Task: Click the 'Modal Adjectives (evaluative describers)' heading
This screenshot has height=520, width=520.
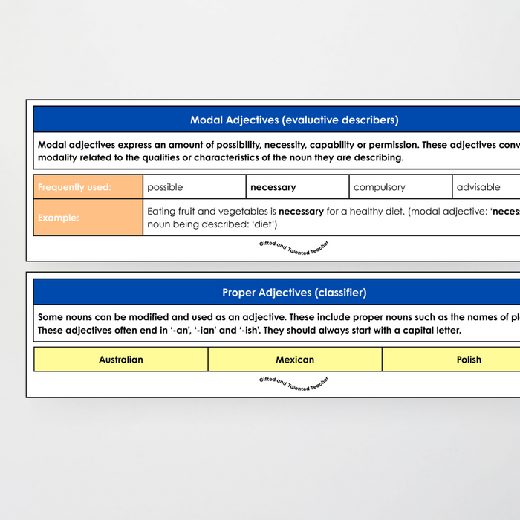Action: click(x=294, y=120)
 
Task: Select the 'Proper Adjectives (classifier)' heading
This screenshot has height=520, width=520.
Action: click(x=294, y=293)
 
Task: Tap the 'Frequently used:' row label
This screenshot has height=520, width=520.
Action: click(x=74, y=187)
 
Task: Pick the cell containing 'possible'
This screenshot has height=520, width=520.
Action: click(x=165, y=187)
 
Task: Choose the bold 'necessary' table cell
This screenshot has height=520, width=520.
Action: click(x=273, y=187)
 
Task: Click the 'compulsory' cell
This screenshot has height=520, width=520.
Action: click(x=380, y=187)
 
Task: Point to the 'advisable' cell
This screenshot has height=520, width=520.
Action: click(x=478, y=187)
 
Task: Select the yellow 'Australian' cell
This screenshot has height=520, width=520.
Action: click(x=121, y=360)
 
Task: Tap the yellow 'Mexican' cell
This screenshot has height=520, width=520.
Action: click(x=295, y=360)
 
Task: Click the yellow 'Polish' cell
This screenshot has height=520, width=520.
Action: click(x=469, y=360)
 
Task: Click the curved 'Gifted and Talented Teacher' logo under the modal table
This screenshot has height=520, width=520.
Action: click(x=294, y=247)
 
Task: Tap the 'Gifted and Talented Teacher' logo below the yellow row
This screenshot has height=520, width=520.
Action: click(x=294, y=383)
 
